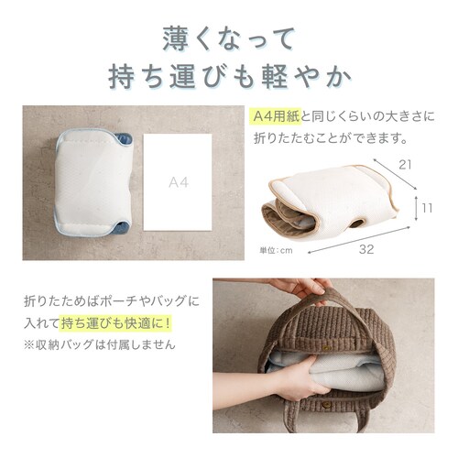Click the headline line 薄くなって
[229, 38]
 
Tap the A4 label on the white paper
[179, 182]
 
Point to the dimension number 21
[406, 164]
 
